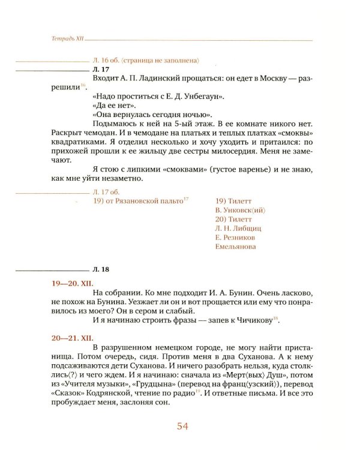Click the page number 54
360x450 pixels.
tap(182, 427)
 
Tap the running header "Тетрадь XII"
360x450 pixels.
tap(65, 38)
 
